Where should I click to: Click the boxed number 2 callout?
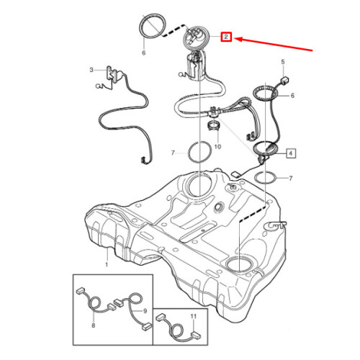click(226, 36)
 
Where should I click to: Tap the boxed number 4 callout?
click(291, 153)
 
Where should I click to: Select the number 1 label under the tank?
click(107, 266)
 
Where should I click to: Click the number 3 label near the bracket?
click(91, 70)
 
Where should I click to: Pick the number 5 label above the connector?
click(282, 63)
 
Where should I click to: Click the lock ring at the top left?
click(150, 28)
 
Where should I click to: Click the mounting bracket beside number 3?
click(112, 75)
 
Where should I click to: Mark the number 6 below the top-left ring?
click(143, 53)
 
